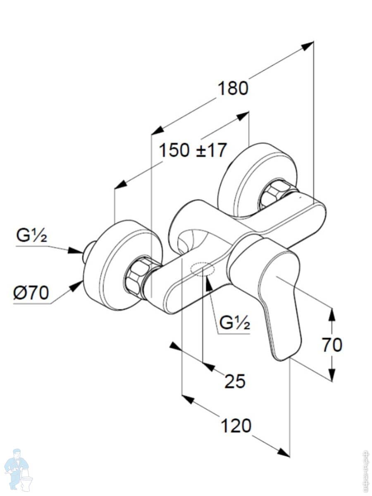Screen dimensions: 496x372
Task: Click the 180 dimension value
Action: tap(233, 88)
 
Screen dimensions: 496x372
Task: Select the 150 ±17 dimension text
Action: tap(193, 150)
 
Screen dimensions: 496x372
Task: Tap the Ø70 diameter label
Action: tap(31, 293)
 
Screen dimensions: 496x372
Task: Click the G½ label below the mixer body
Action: tap(235, 323)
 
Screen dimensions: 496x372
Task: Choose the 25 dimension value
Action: tap(235, 381)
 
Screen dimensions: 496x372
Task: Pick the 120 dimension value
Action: tap(236, 425)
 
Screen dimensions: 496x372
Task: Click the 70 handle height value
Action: tap(332, 345)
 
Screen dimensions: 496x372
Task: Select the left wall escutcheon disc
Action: tap(112, 265)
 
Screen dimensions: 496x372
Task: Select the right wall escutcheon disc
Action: tap(248, 178)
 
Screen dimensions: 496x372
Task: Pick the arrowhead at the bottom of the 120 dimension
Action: tap(284, 453)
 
